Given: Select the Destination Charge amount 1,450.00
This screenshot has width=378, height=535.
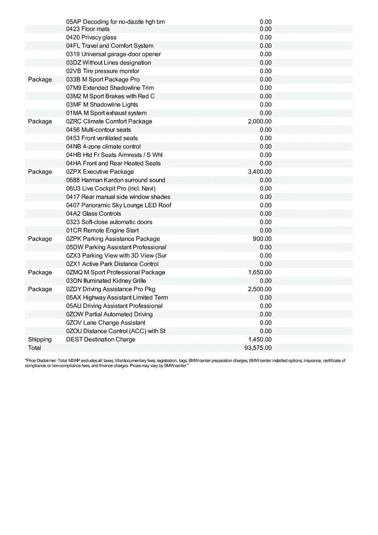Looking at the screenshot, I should [260, 339].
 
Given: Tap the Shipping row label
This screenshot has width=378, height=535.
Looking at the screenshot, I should [40, 339].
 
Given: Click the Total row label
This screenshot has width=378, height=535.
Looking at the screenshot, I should [34, 348].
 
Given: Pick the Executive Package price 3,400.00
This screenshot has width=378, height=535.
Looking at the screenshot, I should [260, 172].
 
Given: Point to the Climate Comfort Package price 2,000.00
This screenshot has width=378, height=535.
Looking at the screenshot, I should [260, 121].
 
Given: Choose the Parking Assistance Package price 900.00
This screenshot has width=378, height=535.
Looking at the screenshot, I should [262, 239].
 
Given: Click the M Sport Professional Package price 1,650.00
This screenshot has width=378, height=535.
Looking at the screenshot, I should [260, 272].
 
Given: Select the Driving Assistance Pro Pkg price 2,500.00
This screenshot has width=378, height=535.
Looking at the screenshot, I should [260, 289].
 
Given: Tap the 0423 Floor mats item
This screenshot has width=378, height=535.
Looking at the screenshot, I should [88, 29].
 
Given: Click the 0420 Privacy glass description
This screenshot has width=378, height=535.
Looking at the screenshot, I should [91, 37].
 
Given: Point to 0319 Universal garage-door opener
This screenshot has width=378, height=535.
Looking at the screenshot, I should [114, 54].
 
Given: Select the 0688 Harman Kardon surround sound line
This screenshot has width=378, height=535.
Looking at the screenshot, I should [115, 180].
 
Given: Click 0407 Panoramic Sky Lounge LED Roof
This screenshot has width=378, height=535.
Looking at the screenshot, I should [119, 205].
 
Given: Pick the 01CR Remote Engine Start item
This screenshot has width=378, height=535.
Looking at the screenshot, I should [103, 230].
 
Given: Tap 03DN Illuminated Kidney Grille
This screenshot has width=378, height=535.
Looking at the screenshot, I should [106, 280].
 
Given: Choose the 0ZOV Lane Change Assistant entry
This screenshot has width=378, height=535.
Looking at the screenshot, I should [106, 322].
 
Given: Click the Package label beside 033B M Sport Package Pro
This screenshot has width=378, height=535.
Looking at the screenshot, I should [40, 79].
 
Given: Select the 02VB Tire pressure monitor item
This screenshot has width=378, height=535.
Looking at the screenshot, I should [103, 71].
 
